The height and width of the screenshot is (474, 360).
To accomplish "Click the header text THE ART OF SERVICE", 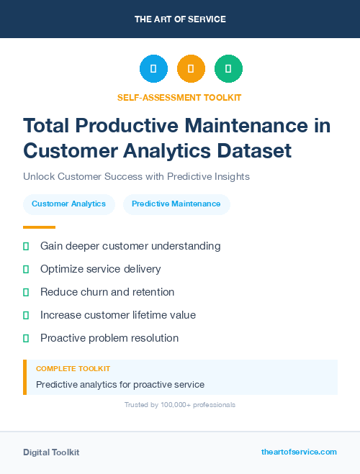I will point(180,19).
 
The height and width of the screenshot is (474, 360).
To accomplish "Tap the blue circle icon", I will point(153,69).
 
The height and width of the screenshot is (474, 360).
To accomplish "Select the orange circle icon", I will point(191,69).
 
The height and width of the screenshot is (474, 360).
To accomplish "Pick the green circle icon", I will point(228,69).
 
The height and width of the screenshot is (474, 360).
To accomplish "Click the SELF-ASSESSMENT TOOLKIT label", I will point(179,97).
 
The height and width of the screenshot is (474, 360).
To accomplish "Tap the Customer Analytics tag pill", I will point(68,204).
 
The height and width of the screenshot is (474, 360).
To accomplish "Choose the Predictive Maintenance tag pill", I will point(176,204).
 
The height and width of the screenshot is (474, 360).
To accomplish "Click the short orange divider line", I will point(39,227).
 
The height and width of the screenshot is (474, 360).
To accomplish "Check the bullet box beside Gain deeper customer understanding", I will point(26,246).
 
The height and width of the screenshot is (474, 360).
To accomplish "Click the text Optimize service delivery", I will point(100,269).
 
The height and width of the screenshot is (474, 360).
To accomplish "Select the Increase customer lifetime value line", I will point(117,315).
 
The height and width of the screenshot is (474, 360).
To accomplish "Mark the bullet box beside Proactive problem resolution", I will point(26,338).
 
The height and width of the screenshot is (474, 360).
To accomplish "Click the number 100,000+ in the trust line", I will point(172,405).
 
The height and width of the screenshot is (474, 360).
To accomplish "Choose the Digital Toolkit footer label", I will point(51,452).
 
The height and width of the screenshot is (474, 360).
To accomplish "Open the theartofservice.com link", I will point(299,452).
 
